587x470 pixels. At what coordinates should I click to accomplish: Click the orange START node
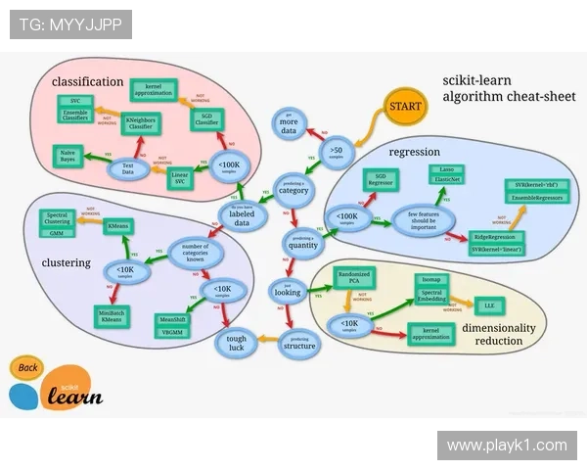pos(406,106)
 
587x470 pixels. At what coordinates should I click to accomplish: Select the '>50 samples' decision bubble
pos(337,152)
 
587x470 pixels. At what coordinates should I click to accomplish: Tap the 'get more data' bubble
pos(289,122)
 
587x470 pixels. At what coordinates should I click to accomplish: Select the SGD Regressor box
pos(380,179)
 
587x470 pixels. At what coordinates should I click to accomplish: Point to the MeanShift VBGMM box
pos(175,325)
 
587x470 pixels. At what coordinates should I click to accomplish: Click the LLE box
pos(485,305)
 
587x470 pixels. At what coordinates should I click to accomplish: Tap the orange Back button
pos(27,368)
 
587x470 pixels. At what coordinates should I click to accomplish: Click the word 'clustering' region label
pos(67,261)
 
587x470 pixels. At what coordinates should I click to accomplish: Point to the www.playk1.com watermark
pos(506,446)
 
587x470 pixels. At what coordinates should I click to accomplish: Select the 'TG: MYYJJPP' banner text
pos(70,23)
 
